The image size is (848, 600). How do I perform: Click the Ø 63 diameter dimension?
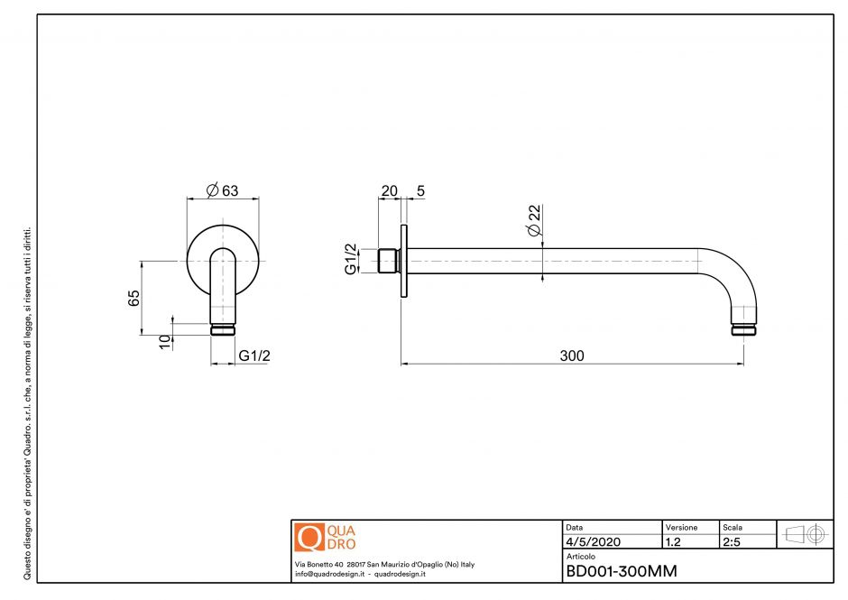click(222, 190)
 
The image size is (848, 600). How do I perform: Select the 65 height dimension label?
click(133, 298)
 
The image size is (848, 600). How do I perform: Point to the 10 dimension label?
click(164, 341)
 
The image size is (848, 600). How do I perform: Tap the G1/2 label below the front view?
click(254, 356)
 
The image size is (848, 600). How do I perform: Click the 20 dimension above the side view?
click(389, 190)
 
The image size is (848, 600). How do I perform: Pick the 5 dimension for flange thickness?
click(420, 190)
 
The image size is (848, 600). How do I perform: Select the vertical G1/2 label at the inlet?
click(350, 259)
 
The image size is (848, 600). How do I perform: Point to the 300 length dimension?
click(572, 356)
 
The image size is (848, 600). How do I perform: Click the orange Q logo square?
click(309, 537)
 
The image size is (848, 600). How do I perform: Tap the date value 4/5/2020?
click(593, 542)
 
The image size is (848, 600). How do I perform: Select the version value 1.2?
click(673, 542)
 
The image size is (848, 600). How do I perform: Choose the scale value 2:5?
click(732, 542)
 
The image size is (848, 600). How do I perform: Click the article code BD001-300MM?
click(621, 571)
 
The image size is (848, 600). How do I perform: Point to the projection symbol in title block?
click(805, 534)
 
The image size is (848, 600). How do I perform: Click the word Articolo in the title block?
click(579, 557)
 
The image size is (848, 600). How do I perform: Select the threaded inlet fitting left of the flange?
click(389, 261)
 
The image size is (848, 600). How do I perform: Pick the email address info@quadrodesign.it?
click(330, 574)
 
